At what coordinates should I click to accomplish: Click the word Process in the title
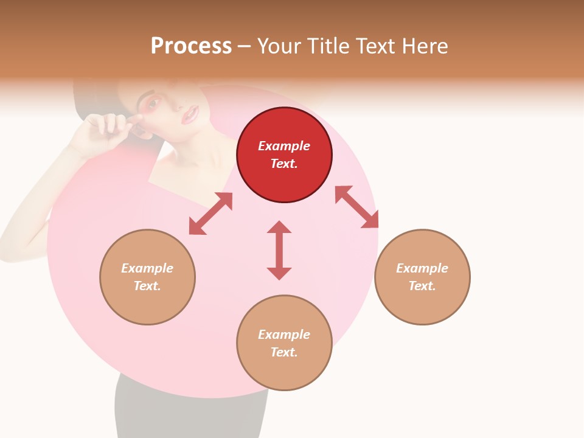191,46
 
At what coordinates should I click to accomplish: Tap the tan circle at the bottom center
284,371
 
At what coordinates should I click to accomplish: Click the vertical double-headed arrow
279,250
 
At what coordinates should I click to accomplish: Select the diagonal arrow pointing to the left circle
210,214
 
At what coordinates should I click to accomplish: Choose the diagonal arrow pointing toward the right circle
356,207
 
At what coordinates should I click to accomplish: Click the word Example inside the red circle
284,146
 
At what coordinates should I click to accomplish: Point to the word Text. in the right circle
422,286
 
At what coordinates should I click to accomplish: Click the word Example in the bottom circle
284,335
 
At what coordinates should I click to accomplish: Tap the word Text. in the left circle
147,286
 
